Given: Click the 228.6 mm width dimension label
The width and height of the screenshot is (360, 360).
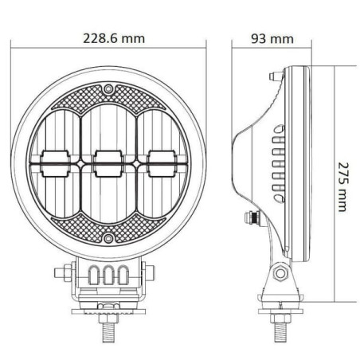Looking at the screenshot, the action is (114, 38).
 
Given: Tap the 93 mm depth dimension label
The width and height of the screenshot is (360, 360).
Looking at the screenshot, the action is (272, 39).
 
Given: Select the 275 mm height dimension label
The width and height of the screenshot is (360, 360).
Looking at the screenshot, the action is (342, 187).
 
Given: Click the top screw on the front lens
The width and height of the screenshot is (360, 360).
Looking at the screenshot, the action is (108, 88).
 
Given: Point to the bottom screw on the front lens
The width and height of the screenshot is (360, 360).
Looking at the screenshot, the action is (108, 238).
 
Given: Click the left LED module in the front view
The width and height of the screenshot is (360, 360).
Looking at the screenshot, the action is (56, 163).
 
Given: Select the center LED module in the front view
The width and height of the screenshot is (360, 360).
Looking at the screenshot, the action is (108, 163).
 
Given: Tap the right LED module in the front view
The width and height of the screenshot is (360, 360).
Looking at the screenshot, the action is (162, 163).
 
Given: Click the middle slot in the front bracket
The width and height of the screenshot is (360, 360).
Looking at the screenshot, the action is (108, 275).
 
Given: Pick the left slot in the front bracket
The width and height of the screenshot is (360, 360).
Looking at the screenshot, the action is (93, 275).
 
